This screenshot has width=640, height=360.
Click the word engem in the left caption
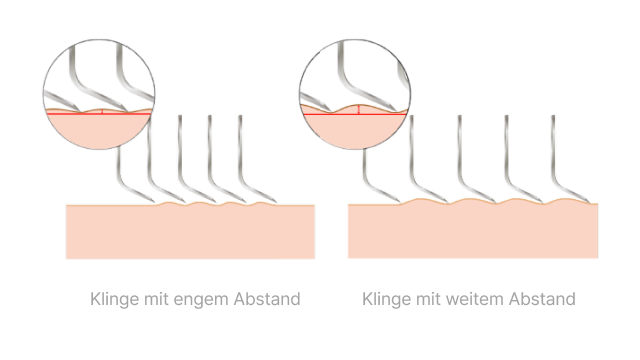tap(201, 300)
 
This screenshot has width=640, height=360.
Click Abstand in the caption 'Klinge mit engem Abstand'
tap(267, 299)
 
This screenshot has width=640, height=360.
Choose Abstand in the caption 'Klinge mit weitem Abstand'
tap(542, 299)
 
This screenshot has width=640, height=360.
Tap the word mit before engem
tap(156, 299)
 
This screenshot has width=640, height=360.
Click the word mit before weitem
tap(428, 299)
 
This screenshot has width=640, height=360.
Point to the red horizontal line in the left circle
tap(99, 114)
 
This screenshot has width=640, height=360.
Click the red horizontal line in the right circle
tap(355, 114)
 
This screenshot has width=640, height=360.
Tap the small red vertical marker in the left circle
tap(102, 111)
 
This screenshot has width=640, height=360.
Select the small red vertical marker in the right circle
tap(358, 110)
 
